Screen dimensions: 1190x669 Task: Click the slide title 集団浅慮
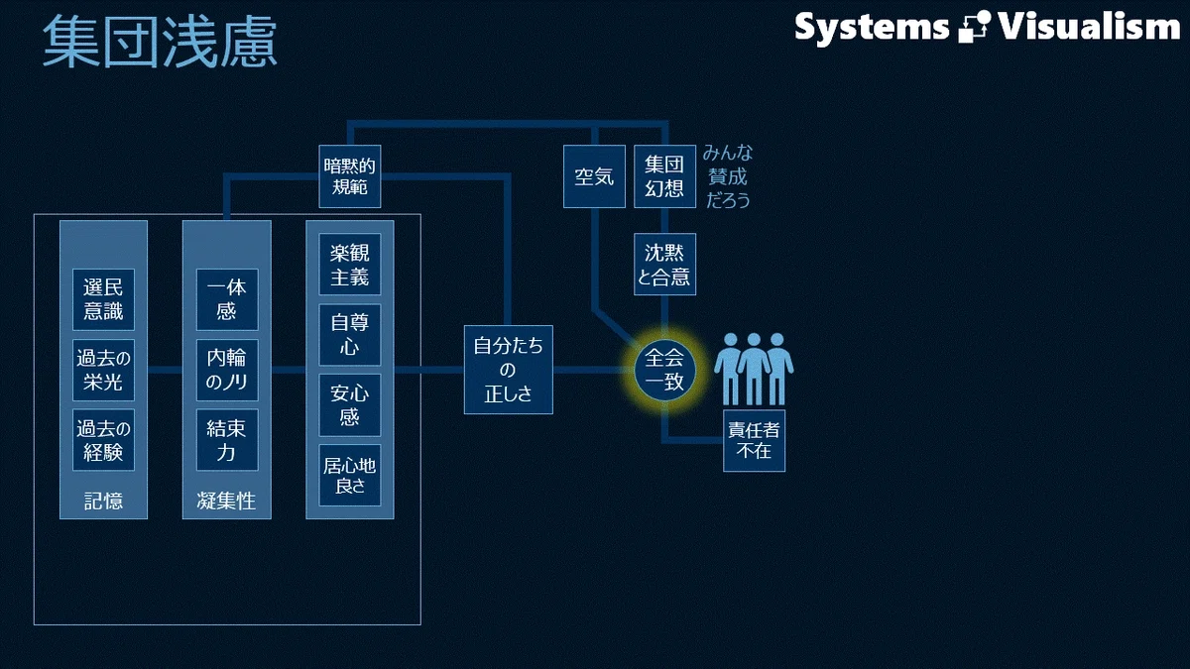point(160,42)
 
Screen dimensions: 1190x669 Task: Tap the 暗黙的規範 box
point(349,176)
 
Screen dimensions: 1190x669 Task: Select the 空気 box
point(594,176)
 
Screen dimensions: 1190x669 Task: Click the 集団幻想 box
point(664,176)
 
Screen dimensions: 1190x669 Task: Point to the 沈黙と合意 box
point(664,264)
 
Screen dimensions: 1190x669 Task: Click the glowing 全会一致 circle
point(664,370)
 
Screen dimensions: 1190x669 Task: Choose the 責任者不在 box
point(754,440)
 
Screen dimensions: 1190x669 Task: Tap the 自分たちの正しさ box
point(509,370)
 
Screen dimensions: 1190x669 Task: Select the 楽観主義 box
point(349,264)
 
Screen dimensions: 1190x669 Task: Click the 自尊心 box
point(349,335)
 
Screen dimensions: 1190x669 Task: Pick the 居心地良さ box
point(349,475)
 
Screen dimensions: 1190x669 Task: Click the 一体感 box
point(227,299)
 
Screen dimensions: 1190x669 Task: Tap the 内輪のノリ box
point(227,370)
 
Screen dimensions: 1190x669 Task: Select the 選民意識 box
point(103,299)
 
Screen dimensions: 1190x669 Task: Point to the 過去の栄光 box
point(103,370)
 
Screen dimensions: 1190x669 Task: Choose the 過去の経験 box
point(103,440)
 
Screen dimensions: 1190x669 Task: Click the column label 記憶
point(103,501)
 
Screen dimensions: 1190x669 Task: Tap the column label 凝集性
point(226,501)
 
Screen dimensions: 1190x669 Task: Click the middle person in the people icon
point(754,370)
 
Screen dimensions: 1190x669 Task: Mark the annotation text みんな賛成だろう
point(728,176)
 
